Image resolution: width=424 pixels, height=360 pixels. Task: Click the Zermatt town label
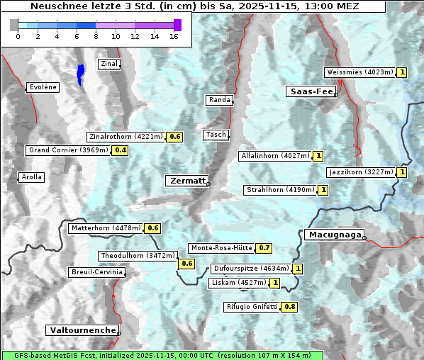[x=187, y=181]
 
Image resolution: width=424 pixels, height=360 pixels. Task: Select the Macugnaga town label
[x=333, y=235]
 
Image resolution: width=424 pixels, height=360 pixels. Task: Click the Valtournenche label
[x=82, y=330]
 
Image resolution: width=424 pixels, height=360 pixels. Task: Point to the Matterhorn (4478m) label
[x=106, y=228]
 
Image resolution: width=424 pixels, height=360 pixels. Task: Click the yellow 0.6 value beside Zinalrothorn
[x=175, y=137]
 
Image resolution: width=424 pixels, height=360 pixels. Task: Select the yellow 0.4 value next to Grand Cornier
[x=121, y=150]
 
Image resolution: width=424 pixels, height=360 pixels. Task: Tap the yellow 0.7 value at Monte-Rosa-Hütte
[x=264, y=248]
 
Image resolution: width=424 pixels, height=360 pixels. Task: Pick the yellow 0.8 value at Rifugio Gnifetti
[x=289, y=307]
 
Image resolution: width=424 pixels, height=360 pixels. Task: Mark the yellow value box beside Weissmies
[x=402, y=72]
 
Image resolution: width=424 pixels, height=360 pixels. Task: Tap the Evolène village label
[x=43, y=87]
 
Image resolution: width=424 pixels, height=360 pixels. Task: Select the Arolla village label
[x=31, y=177]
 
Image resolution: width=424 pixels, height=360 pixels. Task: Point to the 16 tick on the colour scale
[x=174, y=36]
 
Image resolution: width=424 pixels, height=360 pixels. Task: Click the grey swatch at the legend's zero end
[x=14, y=25]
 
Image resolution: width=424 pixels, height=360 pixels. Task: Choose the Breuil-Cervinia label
[x=97, y=272]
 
